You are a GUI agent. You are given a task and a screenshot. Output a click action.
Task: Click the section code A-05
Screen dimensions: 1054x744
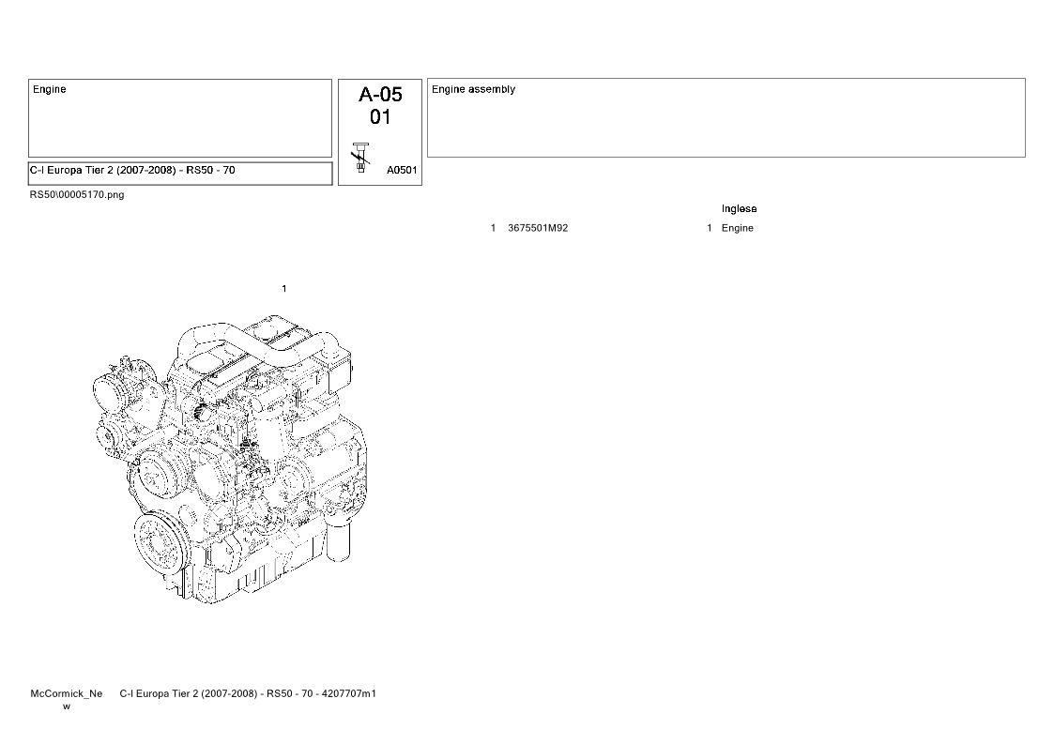(x=380, y=94)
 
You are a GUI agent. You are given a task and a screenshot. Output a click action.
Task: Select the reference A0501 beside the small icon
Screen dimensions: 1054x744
(x=402, y=170)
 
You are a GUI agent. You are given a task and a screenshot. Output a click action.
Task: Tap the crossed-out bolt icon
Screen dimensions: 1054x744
(x=361, y=158)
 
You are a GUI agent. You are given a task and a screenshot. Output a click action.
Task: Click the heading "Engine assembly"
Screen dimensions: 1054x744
(x=473, y=89)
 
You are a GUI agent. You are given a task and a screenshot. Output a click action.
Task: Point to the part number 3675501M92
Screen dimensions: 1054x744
(x=538, y=228)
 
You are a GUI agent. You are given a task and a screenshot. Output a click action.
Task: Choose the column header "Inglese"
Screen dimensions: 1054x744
(x=739, y=209)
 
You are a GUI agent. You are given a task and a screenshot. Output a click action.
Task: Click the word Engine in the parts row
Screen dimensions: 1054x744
(x=738, y=229)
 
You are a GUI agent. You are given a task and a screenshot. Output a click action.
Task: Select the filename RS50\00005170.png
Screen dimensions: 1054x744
(x=77, y=195)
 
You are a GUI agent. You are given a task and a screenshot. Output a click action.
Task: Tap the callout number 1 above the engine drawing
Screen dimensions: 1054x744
(x=283, y=289)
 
